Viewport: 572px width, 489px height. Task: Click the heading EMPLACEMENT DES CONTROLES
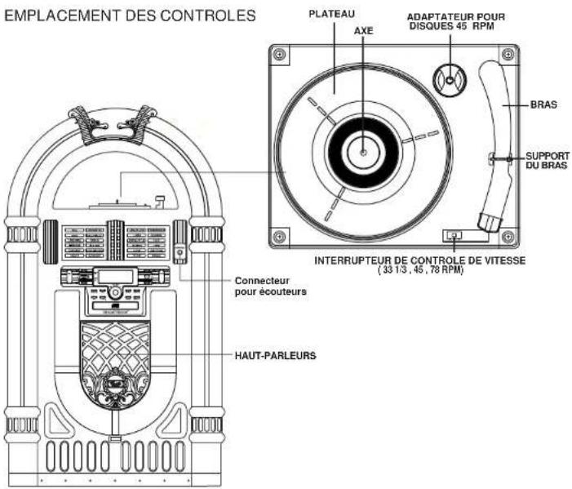click(131, 16)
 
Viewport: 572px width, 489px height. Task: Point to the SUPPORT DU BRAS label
click(546, 160)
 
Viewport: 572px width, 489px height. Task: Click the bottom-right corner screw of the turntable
click(508, 237)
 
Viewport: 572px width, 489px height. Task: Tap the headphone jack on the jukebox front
click(180, 253)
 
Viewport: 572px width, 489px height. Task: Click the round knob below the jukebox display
click(115, 291)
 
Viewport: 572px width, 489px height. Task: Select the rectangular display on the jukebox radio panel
click(113, 277)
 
